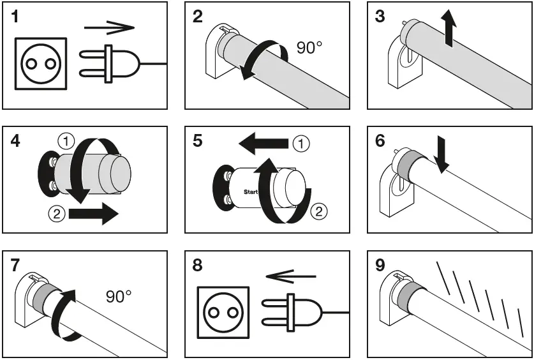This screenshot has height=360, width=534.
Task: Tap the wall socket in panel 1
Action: [40, 63]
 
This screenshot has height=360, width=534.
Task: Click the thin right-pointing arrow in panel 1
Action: [110, 27]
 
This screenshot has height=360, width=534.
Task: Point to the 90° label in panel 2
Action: [309, 48]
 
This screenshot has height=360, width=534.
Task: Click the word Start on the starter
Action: [251, 191]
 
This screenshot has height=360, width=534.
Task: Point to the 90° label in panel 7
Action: [119, 297]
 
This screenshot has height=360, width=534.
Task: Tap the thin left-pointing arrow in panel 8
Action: [290, 276]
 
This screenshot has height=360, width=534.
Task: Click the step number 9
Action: [381, 266]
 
